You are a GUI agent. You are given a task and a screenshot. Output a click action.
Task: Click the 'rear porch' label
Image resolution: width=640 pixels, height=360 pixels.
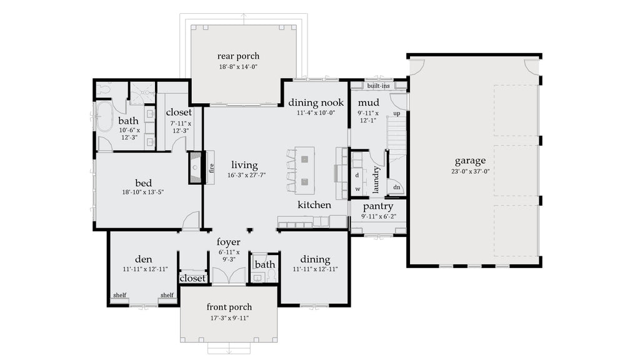(238, 56)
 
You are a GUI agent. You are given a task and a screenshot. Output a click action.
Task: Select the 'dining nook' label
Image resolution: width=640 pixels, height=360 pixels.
(316, 103)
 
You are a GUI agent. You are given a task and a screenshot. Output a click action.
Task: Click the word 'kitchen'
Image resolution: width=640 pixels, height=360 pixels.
(314, 205)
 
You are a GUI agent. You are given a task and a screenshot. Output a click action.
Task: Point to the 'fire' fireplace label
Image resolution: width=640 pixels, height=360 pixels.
(211, 167)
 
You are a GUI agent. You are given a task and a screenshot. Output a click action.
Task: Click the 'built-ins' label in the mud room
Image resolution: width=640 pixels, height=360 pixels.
(379, 85)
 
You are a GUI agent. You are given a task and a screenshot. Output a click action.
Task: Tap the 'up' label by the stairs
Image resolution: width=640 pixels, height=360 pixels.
(396, 114)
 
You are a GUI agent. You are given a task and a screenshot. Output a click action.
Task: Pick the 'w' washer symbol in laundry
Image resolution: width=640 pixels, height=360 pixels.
(357, 187)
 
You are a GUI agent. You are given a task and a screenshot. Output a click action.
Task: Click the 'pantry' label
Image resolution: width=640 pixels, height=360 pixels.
(377, 207)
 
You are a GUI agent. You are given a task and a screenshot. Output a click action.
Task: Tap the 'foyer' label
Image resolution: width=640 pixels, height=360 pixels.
(229, 242)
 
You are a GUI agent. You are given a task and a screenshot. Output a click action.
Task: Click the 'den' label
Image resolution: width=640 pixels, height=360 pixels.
(144, 259)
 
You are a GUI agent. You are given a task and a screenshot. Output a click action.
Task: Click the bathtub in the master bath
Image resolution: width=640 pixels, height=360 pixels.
(104, 117)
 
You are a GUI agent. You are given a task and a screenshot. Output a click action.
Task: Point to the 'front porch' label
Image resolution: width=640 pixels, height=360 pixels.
(229, 307)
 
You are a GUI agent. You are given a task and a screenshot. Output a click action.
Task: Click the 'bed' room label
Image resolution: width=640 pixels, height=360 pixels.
(143, 182)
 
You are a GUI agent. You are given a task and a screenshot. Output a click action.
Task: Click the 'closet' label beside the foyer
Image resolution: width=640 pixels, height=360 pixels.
(192, 278)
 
